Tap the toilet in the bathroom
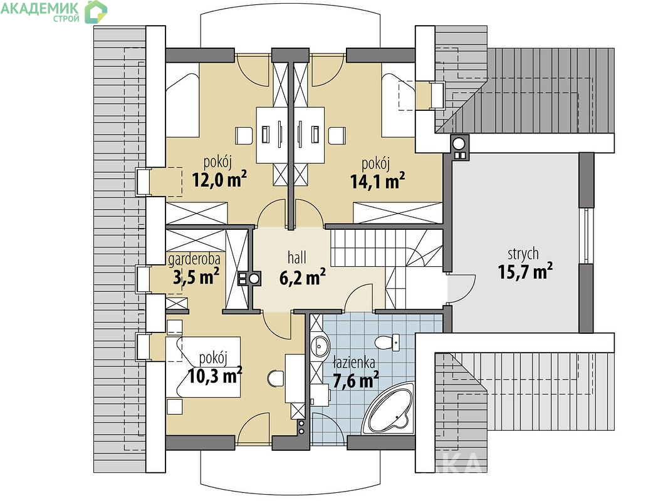(387, 342)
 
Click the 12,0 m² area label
(219, 180)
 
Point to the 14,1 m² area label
(378, 181)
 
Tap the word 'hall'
(296, 257)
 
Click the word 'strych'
(523, 254)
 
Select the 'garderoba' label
(194, 259)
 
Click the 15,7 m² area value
(525, 271)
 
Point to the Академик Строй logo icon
(96, 11)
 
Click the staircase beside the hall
(385, 261)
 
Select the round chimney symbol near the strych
(459, 143)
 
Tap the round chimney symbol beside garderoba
(254, 279)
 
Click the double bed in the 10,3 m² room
(203, 366)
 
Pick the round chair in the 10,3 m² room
(276, 378)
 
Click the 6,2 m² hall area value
(302, 277)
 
